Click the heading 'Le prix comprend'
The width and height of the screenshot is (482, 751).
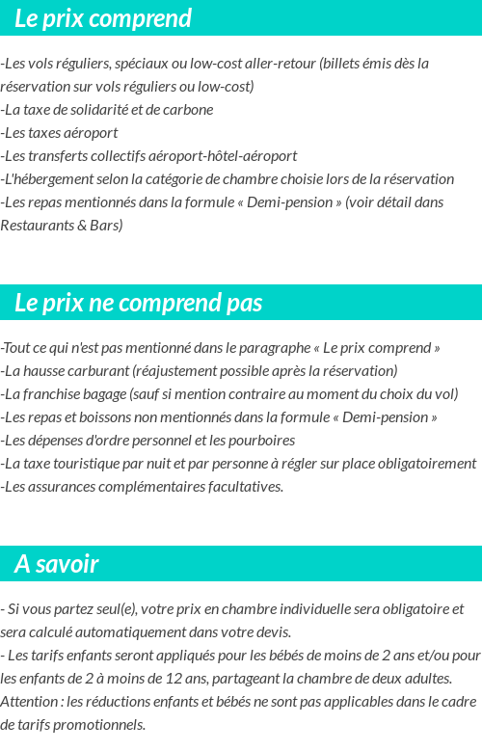coord(103,18)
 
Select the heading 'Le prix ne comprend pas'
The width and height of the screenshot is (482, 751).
coord(138,303)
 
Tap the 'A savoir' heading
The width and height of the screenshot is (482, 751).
coord(57,564)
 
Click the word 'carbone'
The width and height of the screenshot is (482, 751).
coord(189,110)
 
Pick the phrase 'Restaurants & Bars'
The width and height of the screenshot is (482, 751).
coord(62,226)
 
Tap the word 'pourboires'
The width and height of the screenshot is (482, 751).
coord(260,441)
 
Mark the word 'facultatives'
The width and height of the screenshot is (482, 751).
coord(240,487)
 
